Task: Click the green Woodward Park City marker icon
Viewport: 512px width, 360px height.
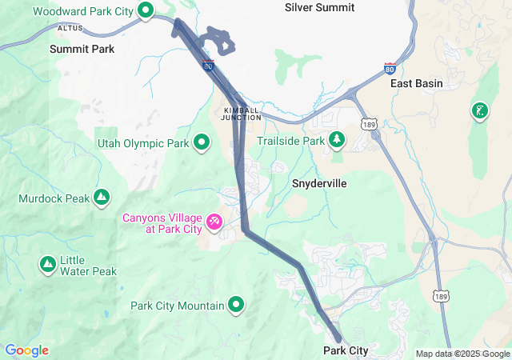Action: click(x=146, y=10)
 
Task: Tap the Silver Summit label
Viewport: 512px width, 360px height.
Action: click(x=320, y=6)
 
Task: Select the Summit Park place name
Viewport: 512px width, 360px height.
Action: click(x=82, y=49)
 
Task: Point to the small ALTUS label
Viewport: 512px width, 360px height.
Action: click(x=70, y=28)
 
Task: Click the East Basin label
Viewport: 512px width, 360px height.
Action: click(x=416, y=83)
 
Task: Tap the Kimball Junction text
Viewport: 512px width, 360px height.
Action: click(x=242, y=113)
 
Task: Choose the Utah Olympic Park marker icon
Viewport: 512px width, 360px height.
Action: click(x=202, y=143)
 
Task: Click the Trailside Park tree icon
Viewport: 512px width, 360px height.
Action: click(x=338, y=141)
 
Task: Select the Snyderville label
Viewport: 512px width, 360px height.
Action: click(x=319, y=183)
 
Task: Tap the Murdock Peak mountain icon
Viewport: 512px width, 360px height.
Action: click(x=102, y=197)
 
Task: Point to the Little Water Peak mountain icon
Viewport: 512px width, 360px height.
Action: click(x=47, y=263)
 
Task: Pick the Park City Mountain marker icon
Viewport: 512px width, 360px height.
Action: click(x=237, y=305)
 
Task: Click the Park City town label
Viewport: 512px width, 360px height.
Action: click(x=346, y=351)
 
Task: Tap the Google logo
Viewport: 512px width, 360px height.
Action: click(x=26, y=350)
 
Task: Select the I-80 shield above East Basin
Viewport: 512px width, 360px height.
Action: click(x=390, y=68)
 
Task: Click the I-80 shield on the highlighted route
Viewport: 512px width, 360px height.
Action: click(x=208, y=64)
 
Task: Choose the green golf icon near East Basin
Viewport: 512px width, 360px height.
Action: click(x=479, y=110)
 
